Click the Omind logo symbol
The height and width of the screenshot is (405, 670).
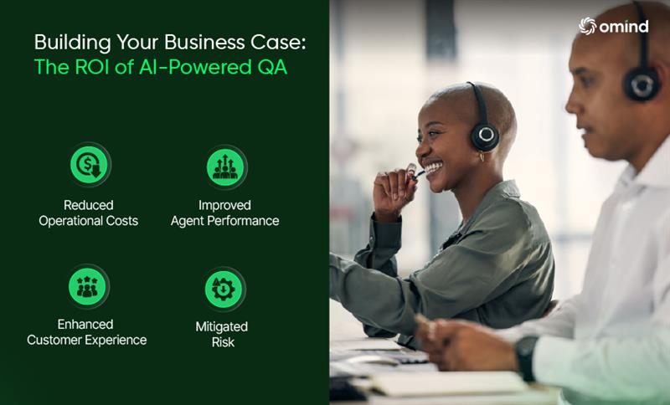[588, 27]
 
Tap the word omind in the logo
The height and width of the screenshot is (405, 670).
[624, 27]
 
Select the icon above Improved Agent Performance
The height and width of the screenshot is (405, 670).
[224, 166]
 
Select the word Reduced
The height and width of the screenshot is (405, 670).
[88, 205]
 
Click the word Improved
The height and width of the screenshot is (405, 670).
[224, 205]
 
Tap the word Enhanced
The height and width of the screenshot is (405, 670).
[85, 325]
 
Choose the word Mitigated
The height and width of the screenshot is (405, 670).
[222, 326]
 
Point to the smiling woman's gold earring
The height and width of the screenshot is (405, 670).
[483, 156]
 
